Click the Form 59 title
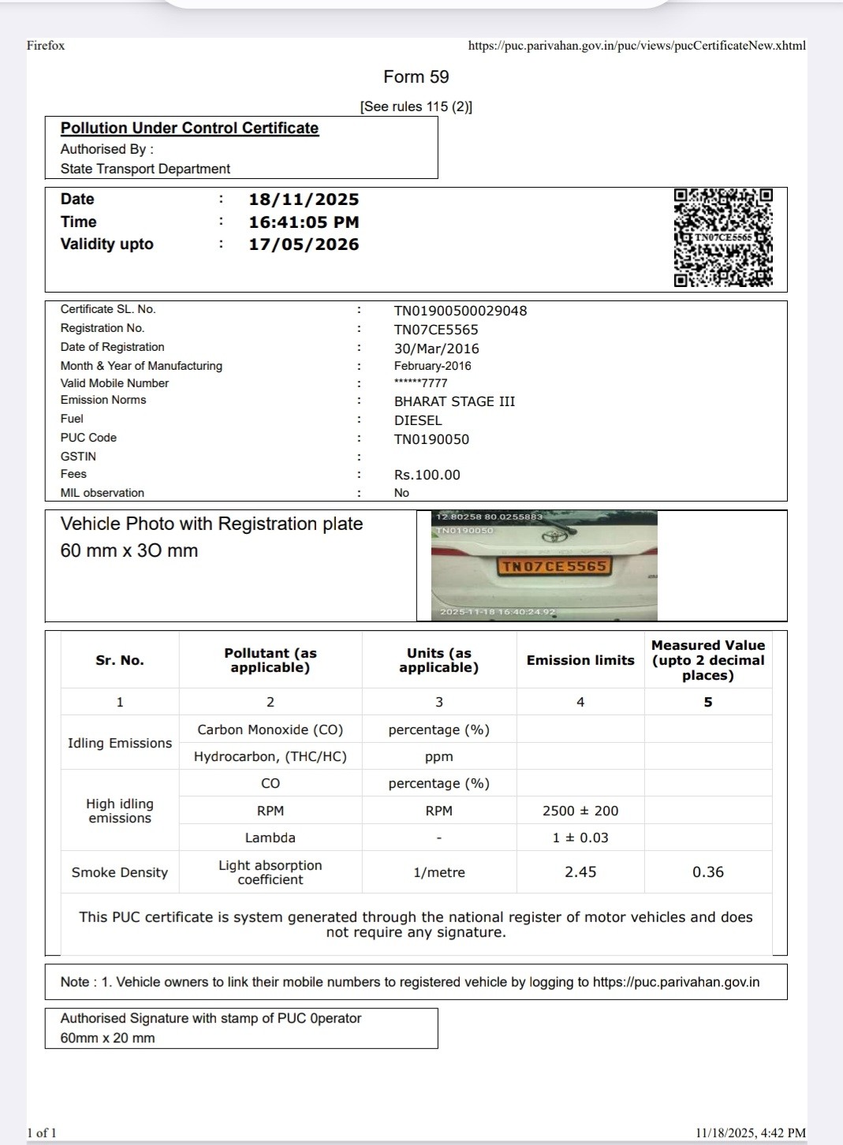[416, 76]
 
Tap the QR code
[723, 237]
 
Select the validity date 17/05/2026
[304, 244]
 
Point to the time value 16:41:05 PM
[304, 222]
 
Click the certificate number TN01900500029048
[461, 311]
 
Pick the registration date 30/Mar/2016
[436, 349]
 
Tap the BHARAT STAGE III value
[454, 401]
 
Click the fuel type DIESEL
[418, 420]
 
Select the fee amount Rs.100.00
[427, 475]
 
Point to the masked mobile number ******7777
[420, 383]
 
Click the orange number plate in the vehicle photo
[554, 566]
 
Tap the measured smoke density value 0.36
[707, 872]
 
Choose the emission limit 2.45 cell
[580, 872]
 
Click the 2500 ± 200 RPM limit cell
[580, 811]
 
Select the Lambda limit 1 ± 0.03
[580, 837]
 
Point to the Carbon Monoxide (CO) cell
[270, 729]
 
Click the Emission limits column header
[580, 660]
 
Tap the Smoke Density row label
[120, 872]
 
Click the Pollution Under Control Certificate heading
[189, 128]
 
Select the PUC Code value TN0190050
[431, 439]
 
